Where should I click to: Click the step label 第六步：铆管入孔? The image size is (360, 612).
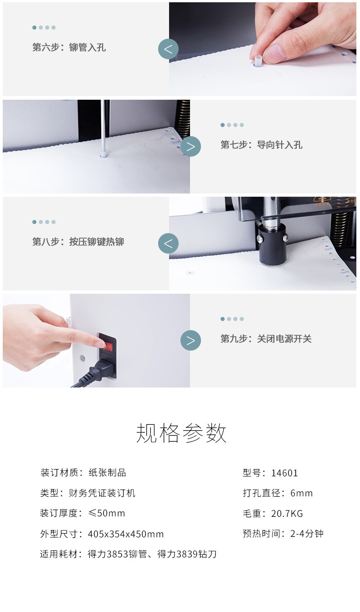coord(69,47)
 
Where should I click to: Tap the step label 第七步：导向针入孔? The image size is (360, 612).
coord(261,145)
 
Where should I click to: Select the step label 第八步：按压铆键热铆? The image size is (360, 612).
coord(78,242)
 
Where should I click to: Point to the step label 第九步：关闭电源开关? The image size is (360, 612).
coord(266,339)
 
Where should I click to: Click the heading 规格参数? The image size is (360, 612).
coord(181,433)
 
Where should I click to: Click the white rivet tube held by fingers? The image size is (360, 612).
coord(258,61)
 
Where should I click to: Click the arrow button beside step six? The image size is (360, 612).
coord(169,49)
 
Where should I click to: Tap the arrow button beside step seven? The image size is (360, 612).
coord(190,147)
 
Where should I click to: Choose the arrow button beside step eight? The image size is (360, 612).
coord(169,244)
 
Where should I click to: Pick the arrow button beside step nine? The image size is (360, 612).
coord(190,341)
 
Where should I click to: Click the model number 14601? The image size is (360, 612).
coord(284,473)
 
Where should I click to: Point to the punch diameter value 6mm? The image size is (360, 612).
coord(301,493)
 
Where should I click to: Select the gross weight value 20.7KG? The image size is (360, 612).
coord(287,513)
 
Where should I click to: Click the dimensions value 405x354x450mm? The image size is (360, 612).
coord(126,534)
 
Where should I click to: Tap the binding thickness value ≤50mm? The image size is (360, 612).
coord(107,513)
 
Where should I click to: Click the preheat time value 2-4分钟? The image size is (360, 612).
coord(307,533)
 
